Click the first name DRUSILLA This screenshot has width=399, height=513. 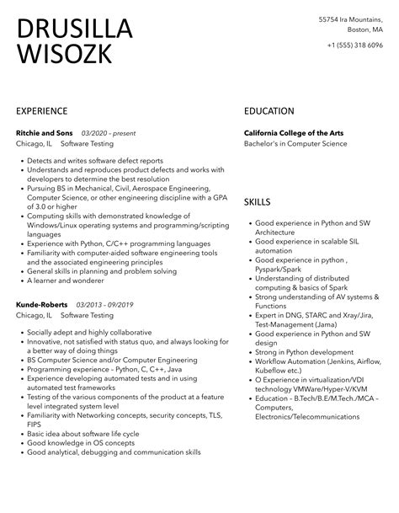click(74, 29)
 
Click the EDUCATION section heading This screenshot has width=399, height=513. click(269, 110)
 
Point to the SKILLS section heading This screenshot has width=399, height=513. click(258, 203)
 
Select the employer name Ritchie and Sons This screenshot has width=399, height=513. click(45, 133)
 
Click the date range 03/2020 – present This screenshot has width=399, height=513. click(109, 133)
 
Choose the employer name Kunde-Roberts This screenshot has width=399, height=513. click(42, 303)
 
